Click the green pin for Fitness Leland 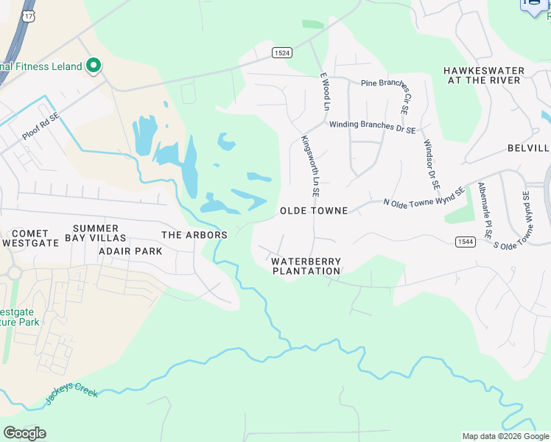click(x=94, y=67)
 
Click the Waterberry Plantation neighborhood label click(x=306, y=266)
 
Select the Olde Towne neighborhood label click(x=314, y=211)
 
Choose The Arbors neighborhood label click(x=194, y=235)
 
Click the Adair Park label click(x=130, y=250)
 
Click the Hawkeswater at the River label click(x=484, y=75)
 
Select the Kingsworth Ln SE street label click(x=310, y=166)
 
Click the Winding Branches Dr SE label click(x=372, y=127)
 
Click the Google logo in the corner click(x=24, y=433)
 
